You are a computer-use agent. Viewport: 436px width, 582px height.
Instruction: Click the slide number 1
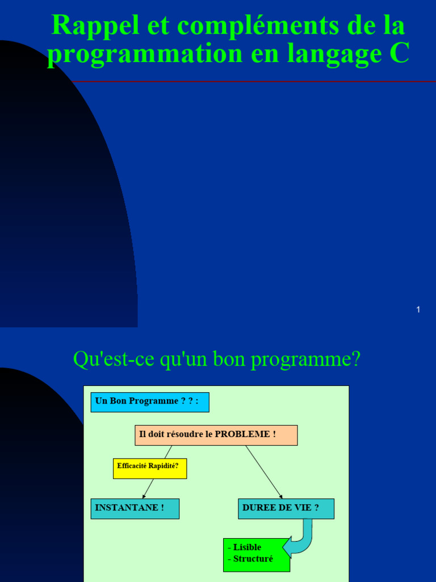click(418, 310)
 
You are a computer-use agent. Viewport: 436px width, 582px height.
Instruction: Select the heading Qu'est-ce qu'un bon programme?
click(217, 359)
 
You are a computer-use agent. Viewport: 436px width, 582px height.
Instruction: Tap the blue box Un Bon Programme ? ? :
click(150, 402)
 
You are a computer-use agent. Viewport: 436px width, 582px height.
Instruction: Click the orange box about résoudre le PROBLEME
click(216, 435)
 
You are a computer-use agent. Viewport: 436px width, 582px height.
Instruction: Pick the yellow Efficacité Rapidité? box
click(150, 468)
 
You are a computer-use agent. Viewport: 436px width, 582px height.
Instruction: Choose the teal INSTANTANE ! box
click(135, 508)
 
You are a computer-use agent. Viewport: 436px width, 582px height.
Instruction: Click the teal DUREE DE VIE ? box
click(286, 508)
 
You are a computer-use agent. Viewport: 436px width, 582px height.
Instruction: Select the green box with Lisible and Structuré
click(256, 555)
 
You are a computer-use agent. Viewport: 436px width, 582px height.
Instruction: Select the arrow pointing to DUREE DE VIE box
click(264, 472)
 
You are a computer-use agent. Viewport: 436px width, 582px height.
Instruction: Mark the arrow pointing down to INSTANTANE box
click(149, 488)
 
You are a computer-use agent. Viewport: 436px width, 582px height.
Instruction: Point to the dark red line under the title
click(255, 82)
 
